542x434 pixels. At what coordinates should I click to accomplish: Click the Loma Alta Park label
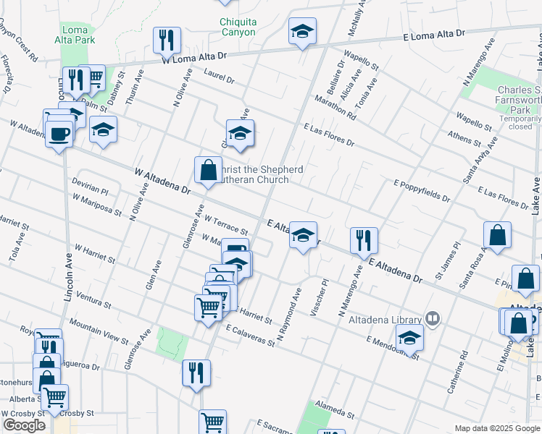tap(75, 35)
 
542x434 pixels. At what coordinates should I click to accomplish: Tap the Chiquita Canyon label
tap(238, 27)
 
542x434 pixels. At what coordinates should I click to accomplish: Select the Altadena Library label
tap(385, 320)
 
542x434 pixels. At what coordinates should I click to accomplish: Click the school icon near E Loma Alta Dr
tap(302, 31)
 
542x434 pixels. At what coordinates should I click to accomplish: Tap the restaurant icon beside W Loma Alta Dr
tap(167, 41)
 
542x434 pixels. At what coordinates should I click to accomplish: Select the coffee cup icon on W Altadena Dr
tap(59, 133)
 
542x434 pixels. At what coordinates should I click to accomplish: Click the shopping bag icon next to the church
tap(208, 170)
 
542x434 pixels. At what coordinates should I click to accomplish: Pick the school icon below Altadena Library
tap(409, 338)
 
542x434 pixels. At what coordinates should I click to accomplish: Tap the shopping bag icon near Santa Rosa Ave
tap(498, 235)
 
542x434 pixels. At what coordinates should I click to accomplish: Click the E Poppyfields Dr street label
tap(422, 191)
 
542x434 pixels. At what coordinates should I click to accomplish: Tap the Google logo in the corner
tap(24, 425)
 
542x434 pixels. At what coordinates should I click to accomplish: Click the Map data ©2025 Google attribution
tap(496, 428)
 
